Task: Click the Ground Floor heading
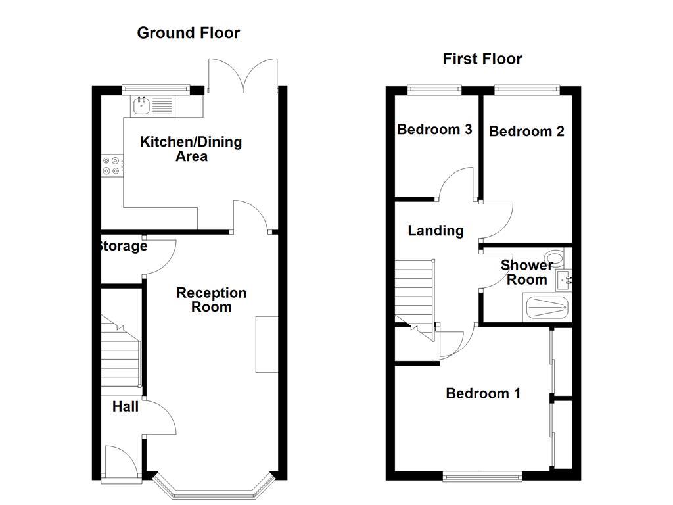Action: click(x=189, y=33)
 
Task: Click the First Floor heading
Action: click(x=482, y=59)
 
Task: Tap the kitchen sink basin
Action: click(x=141, y=106)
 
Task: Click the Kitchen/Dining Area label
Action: click(x=191, y=149)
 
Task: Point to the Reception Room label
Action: click(x=212, y=300)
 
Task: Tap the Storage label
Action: click(x=123, y=246)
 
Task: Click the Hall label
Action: click(x=126, y=406)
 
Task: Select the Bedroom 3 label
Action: click(x=434, y=130)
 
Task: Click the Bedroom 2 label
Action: click(x=526, y=131)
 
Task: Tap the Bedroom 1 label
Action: click(x=483, y=393)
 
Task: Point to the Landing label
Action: click(x=436, y=231)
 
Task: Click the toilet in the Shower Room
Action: click(x=557, y=257)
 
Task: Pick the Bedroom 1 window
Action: click(x=482, y=476)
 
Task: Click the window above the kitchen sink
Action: click(x=156, y=89)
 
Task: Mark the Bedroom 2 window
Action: click(x=528, y=89)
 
